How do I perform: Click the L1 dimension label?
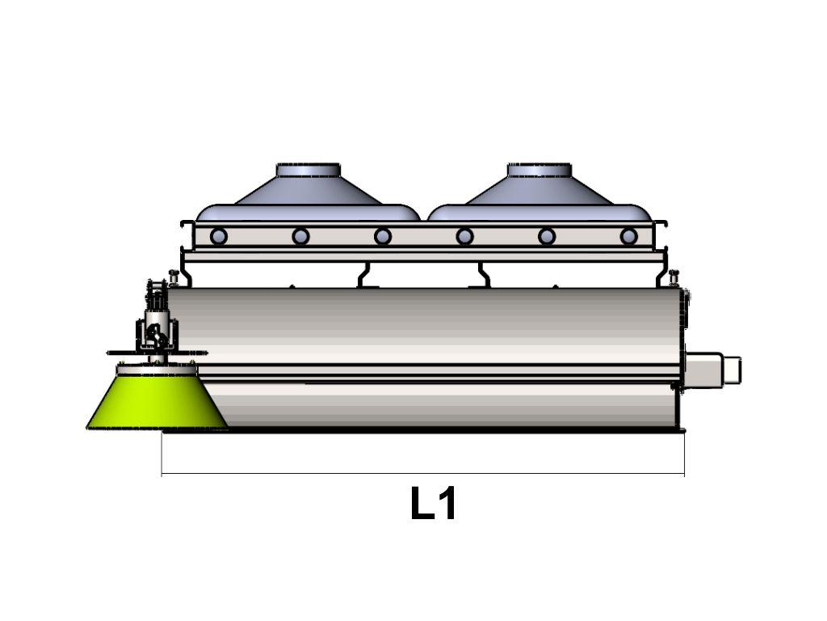coord(433,504)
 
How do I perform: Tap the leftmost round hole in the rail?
coord(218,236)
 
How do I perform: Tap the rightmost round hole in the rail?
coord(628,236)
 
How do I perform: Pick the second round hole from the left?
coord(300,236)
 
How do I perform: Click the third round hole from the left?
coord(382,236)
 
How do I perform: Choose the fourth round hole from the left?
coord(464,236)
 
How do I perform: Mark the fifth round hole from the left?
coord(547,236)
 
